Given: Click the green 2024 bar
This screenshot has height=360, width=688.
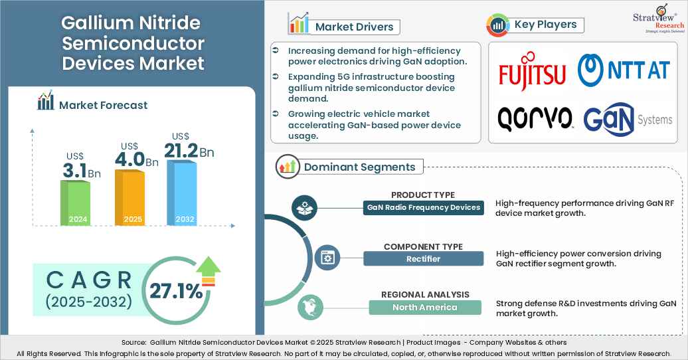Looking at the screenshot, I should [x=75, y=203].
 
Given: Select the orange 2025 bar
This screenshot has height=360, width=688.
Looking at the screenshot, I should [x=129, y=197].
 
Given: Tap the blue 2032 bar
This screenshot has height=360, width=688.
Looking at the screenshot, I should [x=181, y=193].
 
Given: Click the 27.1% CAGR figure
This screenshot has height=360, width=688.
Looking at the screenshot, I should [x=175, y=291].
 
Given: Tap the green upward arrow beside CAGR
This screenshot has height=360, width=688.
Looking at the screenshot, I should [x=209, y=271].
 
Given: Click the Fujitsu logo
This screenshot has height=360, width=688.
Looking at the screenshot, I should [x=532, y=74].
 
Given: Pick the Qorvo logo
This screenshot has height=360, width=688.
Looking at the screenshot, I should [x=535, y=118].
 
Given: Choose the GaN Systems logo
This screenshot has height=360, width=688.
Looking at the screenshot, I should [x=628, y=119].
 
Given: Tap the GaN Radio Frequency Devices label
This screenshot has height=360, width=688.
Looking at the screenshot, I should [x=423, y=207].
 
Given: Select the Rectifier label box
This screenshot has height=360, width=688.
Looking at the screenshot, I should [x=423, y=258].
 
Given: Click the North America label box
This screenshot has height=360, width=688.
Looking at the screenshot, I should [x=424, y=307].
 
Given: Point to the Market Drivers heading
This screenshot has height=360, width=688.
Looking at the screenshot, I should [x=354, y=27].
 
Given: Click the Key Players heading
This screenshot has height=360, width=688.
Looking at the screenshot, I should [x=545, y=25].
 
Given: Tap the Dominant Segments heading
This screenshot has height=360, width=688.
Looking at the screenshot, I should [x=359, y=167].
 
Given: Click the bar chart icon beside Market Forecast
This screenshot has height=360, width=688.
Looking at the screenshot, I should [x=46, y=102].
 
